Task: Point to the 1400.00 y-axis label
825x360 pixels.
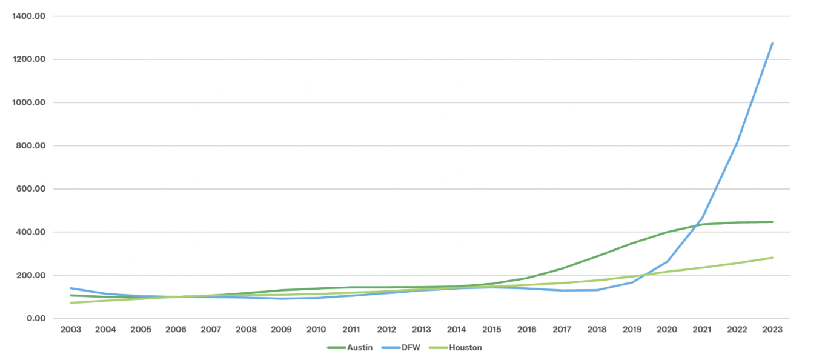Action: (x=28, y=16)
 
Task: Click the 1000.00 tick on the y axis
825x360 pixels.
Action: (x=28, y=102)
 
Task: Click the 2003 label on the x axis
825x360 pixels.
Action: (x=71, y=330)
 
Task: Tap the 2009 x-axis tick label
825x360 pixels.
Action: (x=281, y=330)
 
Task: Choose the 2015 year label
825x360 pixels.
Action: (x=491, y=330)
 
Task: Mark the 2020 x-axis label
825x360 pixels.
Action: (x=667, y=330)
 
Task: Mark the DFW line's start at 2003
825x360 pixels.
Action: (x=71, y=288)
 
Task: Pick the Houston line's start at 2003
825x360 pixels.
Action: (x=71, y=302)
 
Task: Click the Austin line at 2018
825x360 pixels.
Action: (x=597, y=256)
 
